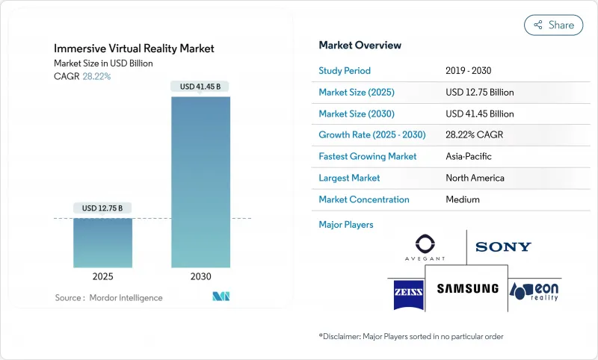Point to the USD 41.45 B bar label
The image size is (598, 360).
click(x=200, y=87)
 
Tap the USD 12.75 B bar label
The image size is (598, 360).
click(x=103, y=208)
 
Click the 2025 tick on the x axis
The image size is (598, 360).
click(x=103, y=276)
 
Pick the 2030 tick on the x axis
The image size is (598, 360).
click(x=200, y=276)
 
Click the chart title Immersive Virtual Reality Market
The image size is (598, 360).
click(x=134, y=49)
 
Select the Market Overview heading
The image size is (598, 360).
click(x=360, y=46)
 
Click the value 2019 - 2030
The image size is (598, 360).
click(x=469, y=71)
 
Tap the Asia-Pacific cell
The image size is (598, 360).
click(x=469, y=157)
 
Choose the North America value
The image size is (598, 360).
click(x=475, y=178)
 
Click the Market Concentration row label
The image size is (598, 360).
click(x=364, y=199)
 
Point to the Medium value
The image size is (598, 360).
click(x=462, y=199)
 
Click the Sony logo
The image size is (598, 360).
click(x=503, y=246)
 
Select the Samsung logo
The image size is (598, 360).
click(x=467, y=289)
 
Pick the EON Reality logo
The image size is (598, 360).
click(x=535, y=289)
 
